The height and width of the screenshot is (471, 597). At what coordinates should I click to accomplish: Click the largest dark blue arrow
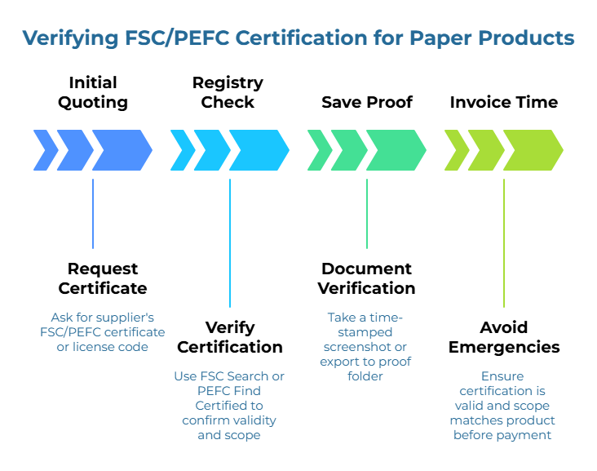[x=121, y=150]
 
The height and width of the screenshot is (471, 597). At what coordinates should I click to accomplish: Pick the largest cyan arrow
[x=258, y=150]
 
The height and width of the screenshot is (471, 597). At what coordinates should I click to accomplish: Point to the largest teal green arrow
[x=395, y=150]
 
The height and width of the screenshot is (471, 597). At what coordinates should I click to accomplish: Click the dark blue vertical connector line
[x=93, y=214]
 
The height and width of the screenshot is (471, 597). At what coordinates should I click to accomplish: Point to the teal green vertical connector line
[x=367, y=214]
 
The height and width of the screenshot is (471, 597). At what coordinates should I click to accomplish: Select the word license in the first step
[x=96, y=348]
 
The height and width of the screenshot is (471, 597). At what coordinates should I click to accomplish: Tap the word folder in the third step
[x=366, y=376]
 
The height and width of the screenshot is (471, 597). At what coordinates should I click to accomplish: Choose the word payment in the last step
[x=531, y=435]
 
